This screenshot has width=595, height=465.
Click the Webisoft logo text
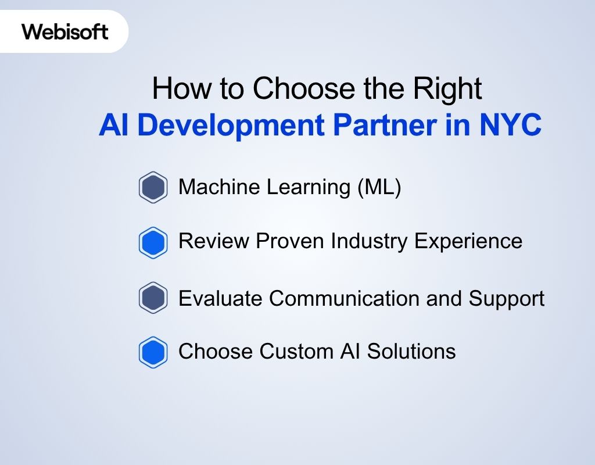pos(65,31)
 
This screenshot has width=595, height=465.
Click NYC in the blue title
pos(511,126)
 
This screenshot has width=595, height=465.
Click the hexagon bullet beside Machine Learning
pos(153,187)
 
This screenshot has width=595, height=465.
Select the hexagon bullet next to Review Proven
pos(153,242)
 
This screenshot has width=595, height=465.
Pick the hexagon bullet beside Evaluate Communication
pos(153,298)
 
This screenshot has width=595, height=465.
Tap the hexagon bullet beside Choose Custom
pos(153,352)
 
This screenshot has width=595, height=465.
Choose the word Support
pos(507,299)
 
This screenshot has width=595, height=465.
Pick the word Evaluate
pos(221,298)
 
